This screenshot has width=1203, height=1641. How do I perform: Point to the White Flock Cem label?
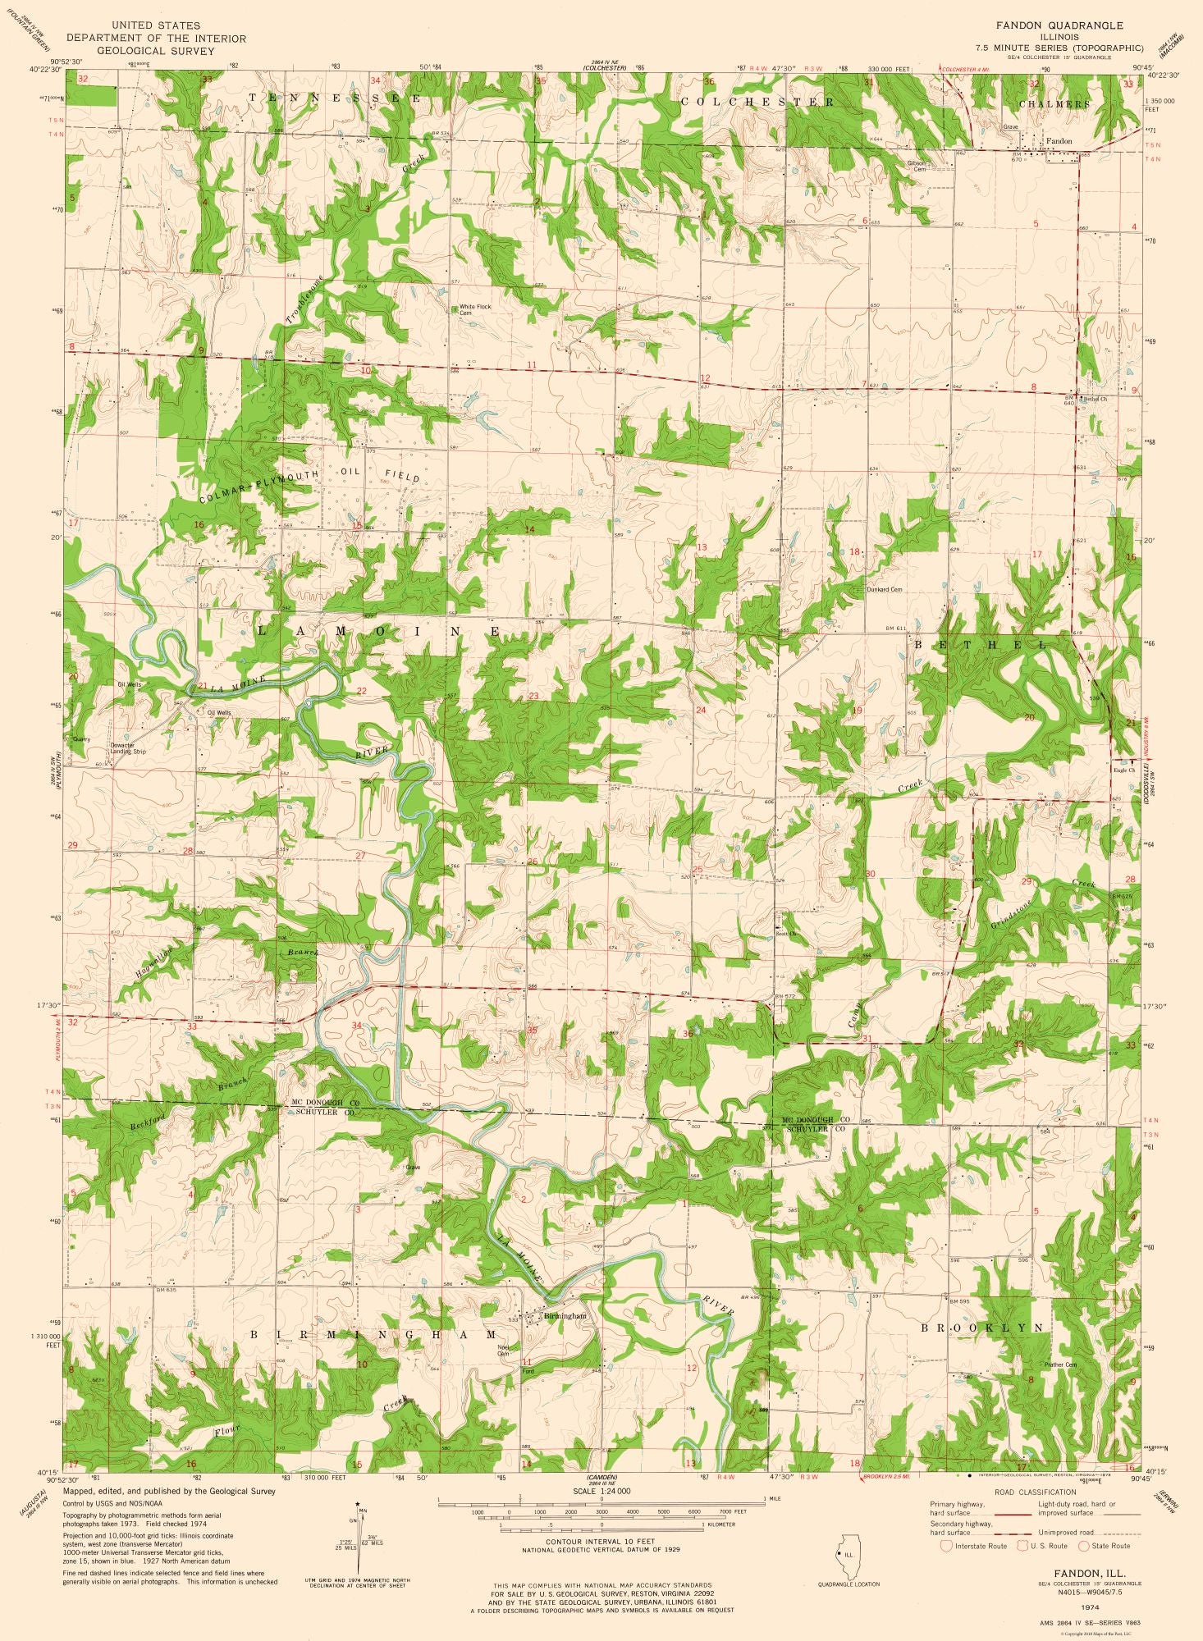tap(475, 309)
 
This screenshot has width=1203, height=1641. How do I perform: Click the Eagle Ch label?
tap(1123, 770)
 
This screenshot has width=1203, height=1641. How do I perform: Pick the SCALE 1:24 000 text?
tap(597, 1491)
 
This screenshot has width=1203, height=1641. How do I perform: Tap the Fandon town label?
tap(1059, 141)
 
